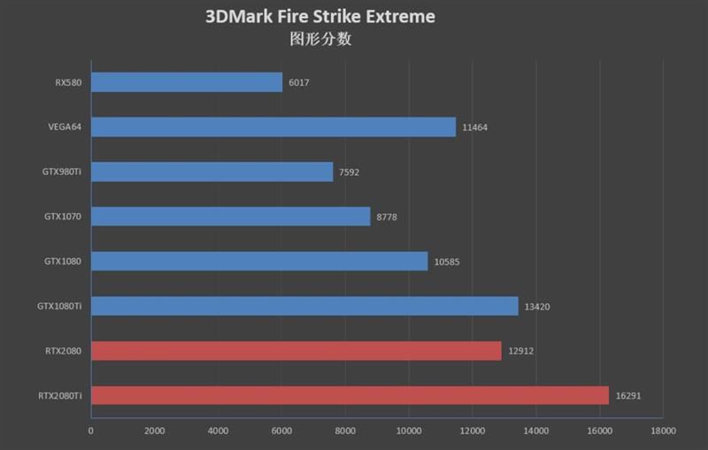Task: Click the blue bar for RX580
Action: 186,82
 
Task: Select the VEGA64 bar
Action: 273,127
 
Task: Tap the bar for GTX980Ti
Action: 212,172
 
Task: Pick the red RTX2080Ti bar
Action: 350,395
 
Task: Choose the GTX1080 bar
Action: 258,261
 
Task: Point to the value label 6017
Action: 298,83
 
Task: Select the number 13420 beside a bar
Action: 536,307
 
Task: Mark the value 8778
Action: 387,217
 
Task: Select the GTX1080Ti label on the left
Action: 59,306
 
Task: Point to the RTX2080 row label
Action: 65,351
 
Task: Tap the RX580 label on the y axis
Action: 68,83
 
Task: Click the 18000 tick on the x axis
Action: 663,431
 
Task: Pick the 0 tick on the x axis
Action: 90,431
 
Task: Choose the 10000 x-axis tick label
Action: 409,431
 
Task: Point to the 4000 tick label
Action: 218,431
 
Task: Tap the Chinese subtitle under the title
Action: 320,40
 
